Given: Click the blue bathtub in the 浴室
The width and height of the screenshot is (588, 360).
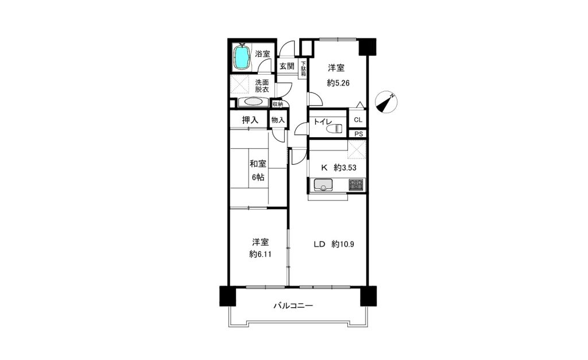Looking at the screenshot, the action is [242, 57].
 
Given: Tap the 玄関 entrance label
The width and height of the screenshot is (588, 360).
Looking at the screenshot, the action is [287, 67].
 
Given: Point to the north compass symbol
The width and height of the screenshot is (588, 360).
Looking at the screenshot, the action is [386, 102].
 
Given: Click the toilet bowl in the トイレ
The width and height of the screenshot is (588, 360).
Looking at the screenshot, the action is [335, 129].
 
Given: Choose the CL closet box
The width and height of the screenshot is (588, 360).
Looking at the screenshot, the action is [358, 119].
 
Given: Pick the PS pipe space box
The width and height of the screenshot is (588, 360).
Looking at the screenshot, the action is [358, 134].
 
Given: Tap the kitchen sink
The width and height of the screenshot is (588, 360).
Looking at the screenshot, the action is [323, 184].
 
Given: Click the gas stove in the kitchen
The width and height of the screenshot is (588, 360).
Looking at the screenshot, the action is [356, 185].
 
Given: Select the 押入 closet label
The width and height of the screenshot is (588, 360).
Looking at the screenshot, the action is [250, 120].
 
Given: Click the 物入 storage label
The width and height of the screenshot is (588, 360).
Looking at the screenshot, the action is [278, 120].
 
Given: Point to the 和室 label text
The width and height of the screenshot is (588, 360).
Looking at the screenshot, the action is [258, 164].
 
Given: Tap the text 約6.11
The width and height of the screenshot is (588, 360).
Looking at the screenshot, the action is [260, 254].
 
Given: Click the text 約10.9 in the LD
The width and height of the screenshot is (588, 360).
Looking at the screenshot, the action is [343, 245].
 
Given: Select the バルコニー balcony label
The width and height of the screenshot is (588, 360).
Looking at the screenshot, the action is [293, 305].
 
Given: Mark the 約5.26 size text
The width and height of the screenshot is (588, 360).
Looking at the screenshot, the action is [338, 83].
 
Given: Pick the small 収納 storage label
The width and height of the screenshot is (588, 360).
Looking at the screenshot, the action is [278, 104].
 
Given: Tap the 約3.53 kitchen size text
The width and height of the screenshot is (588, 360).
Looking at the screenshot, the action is [345, 168].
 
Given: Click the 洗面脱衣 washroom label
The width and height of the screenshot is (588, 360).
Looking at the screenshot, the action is [262, 86].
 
